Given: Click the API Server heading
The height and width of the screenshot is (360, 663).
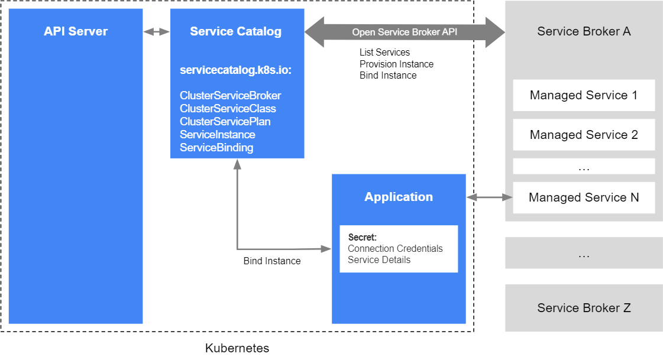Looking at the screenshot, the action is pos(76,31).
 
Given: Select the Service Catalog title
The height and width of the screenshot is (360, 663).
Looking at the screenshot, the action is pos(235,31).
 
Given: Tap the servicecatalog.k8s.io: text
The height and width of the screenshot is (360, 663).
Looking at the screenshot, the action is pos(235,70).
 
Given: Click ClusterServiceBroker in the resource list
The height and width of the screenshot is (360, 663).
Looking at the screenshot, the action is pos(231,96).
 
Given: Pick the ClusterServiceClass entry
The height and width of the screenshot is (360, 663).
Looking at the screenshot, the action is pos(228,109).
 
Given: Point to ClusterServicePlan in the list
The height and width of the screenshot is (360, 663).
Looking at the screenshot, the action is pos(225,122).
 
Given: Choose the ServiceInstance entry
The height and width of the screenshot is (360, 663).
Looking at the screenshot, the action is pos(217,134).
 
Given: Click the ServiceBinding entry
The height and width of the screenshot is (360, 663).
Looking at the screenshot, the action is pos(216,147).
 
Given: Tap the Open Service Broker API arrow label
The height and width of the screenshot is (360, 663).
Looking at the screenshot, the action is pos(405,32).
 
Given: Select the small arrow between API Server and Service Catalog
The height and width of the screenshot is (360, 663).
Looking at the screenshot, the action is pos(157,32).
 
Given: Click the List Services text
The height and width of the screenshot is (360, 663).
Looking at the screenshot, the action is pos(385,53).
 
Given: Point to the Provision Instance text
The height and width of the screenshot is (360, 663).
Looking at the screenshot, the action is pos(397,64).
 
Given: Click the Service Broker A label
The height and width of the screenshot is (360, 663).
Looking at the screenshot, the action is pos(584,31).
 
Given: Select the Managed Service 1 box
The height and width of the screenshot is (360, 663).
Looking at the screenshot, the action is pos(584,96).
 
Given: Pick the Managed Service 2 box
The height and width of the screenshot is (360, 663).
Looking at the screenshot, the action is pos(584,135).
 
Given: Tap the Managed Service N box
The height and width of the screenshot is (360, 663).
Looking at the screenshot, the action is pos(584,197).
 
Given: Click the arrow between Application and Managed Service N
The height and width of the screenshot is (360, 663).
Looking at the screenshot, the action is pos(490,197).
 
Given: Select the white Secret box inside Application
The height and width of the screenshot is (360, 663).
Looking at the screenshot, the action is pos(399,249).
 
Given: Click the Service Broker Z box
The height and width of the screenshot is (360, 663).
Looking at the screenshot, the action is pos(584,308).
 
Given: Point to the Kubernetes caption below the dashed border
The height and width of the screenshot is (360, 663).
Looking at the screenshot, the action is pos(237,348).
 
